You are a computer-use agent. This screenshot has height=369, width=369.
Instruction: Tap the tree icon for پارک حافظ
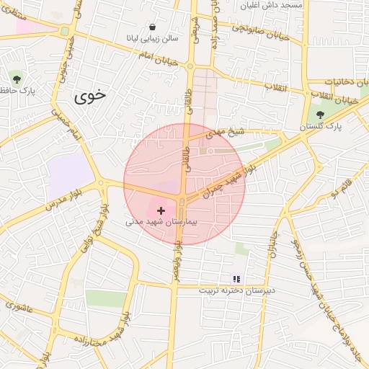(x=17, y=79)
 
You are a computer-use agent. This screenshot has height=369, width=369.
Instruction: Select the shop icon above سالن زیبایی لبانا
(x=152, y=27)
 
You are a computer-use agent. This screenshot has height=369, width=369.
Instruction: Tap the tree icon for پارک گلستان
(x=319, y=114)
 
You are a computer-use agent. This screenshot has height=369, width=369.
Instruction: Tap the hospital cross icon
(x=161, y=210)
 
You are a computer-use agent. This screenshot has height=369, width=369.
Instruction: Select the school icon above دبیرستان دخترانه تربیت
(x=236, y=278)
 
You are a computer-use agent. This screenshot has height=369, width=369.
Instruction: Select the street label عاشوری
(x=19, y=306)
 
